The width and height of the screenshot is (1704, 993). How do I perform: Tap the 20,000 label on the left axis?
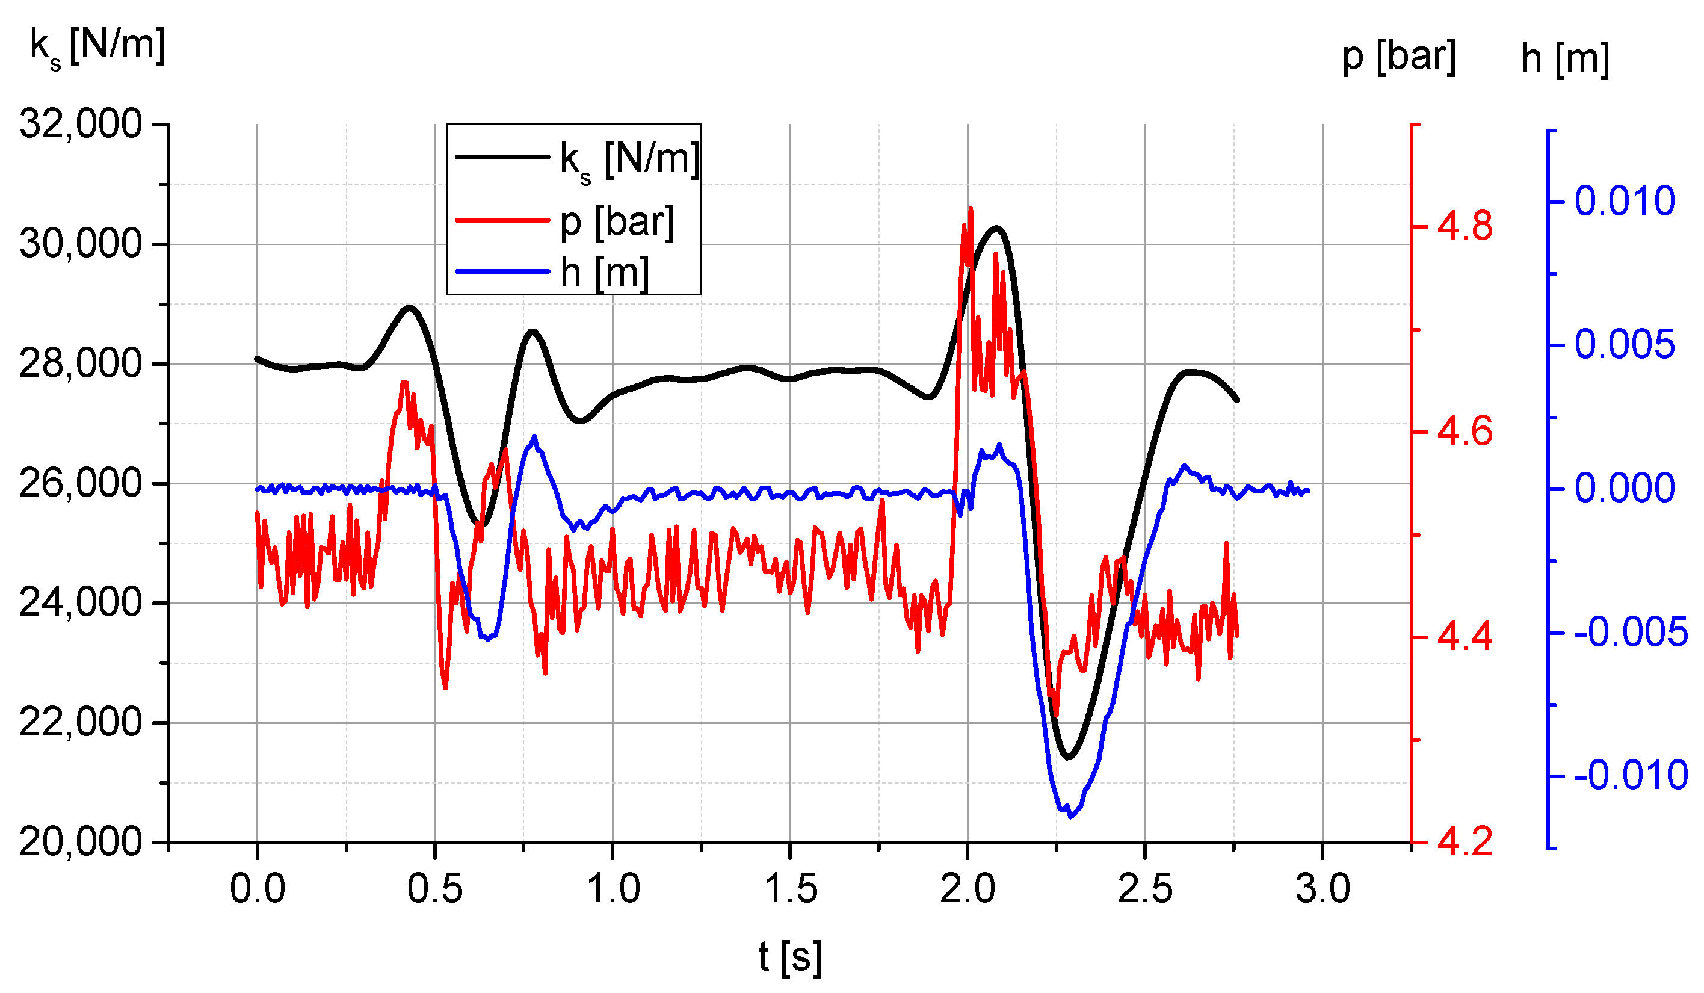(81, 842)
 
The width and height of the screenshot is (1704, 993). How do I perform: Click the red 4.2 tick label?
(1465, 842)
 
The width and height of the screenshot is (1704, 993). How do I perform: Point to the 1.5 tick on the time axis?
(790, 889)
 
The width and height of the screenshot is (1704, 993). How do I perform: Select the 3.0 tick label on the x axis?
(1323, 889)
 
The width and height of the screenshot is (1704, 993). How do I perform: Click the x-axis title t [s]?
(790, 956)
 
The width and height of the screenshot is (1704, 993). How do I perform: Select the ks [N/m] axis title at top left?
(97, 46)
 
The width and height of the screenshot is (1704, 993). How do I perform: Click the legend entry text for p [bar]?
(617, 221)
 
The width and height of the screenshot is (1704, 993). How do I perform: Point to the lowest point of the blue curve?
(1070, 817)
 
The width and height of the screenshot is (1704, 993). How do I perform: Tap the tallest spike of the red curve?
(971, 209)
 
